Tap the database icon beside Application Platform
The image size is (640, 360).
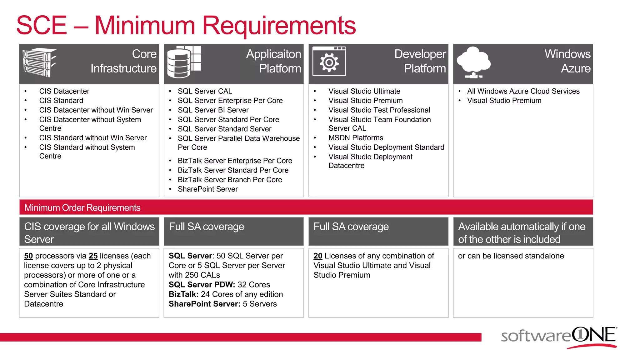point(184,62)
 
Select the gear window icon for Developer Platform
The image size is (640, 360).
point(329,62)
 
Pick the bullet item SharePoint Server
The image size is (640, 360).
point(207,189)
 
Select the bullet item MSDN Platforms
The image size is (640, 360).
point(356,138)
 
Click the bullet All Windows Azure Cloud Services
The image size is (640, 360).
point(523,91)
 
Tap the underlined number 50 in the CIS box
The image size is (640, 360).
point(28,256)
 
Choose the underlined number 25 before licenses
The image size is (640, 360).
point(93,256)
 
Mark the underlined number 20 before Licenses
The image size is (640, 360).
point(318,256)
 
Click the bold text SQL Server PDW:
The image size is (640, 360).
point(202,285)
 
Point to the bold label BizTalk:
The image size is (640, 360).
point(183,294)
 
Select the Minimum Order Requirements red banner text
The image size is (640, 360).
point(82,207)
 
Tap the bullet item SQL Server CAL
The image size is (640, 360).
point(205,91)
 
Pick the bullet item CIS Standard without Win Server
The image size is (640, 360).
point(93,138)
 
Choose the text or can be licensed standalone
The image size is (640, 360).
point(511,256)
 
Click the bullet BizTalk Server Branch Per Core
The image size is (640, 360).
point(230,180)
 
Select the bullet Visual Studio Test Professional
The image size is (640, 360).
point(379,110)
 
